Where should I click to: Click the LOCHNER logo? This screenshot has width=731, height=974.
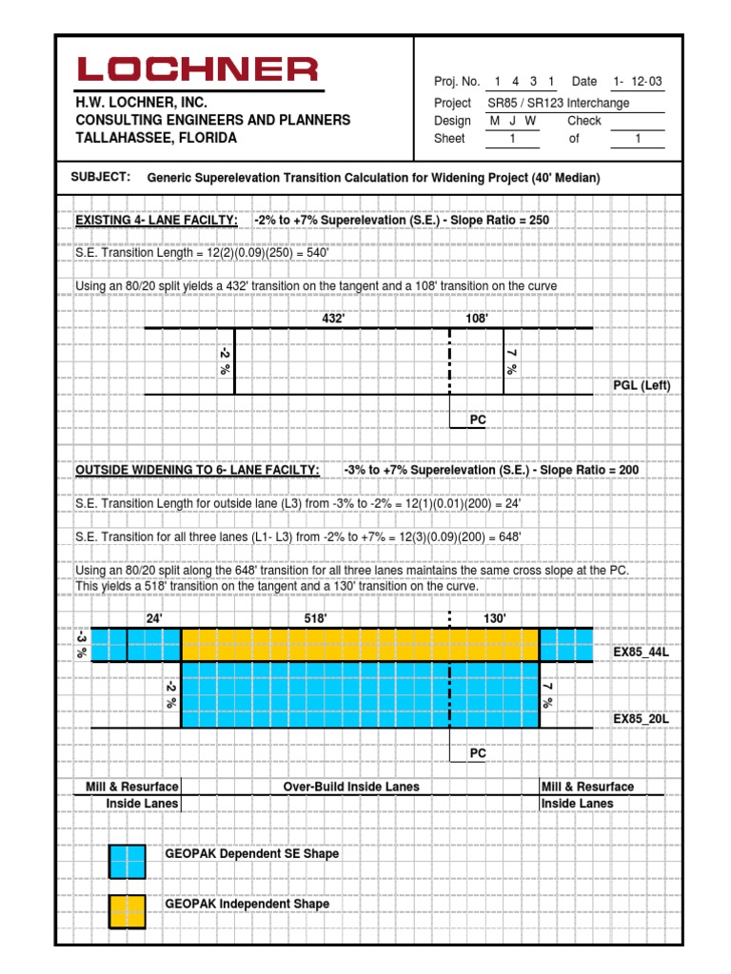[198, 69]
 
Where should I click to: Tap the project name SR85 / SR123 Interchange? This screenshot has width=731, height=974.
[558, 103]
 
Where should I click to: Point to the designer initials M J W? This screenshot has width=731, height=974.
[513, 121]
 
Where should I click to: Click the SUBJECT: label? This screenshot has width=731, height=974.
[100, 177]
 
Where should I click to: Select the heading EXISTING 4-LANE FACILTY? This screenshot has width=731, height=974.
[157, 221]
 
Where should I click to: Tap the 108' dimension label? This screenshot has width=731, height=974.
[476, 319]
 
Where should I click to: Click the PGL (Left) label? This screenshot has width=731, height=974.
[642, 385]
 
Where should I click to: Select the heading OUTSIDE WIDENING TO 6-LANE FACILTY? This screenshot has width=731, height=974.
[197, 471]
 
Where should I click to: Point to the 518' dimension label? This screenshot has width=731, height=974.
[315, 618]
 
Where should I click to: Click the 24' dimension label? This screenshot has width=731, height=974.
[153, 618]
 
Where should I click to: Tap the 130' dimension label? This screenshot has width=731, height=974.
[495, 618]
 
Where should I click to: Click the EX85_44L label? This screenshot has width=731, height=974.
[642, 652]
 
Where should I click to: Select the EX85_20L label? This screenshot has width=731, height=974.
[642, 718]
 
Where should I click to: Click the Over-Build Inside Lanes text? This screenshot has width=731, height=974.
[351, 787]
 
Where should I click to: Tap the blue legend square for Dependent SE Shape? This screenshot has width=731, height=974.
[128, 861]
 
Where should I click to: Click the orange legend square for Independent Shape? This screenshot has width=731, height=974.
[128, 911]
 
